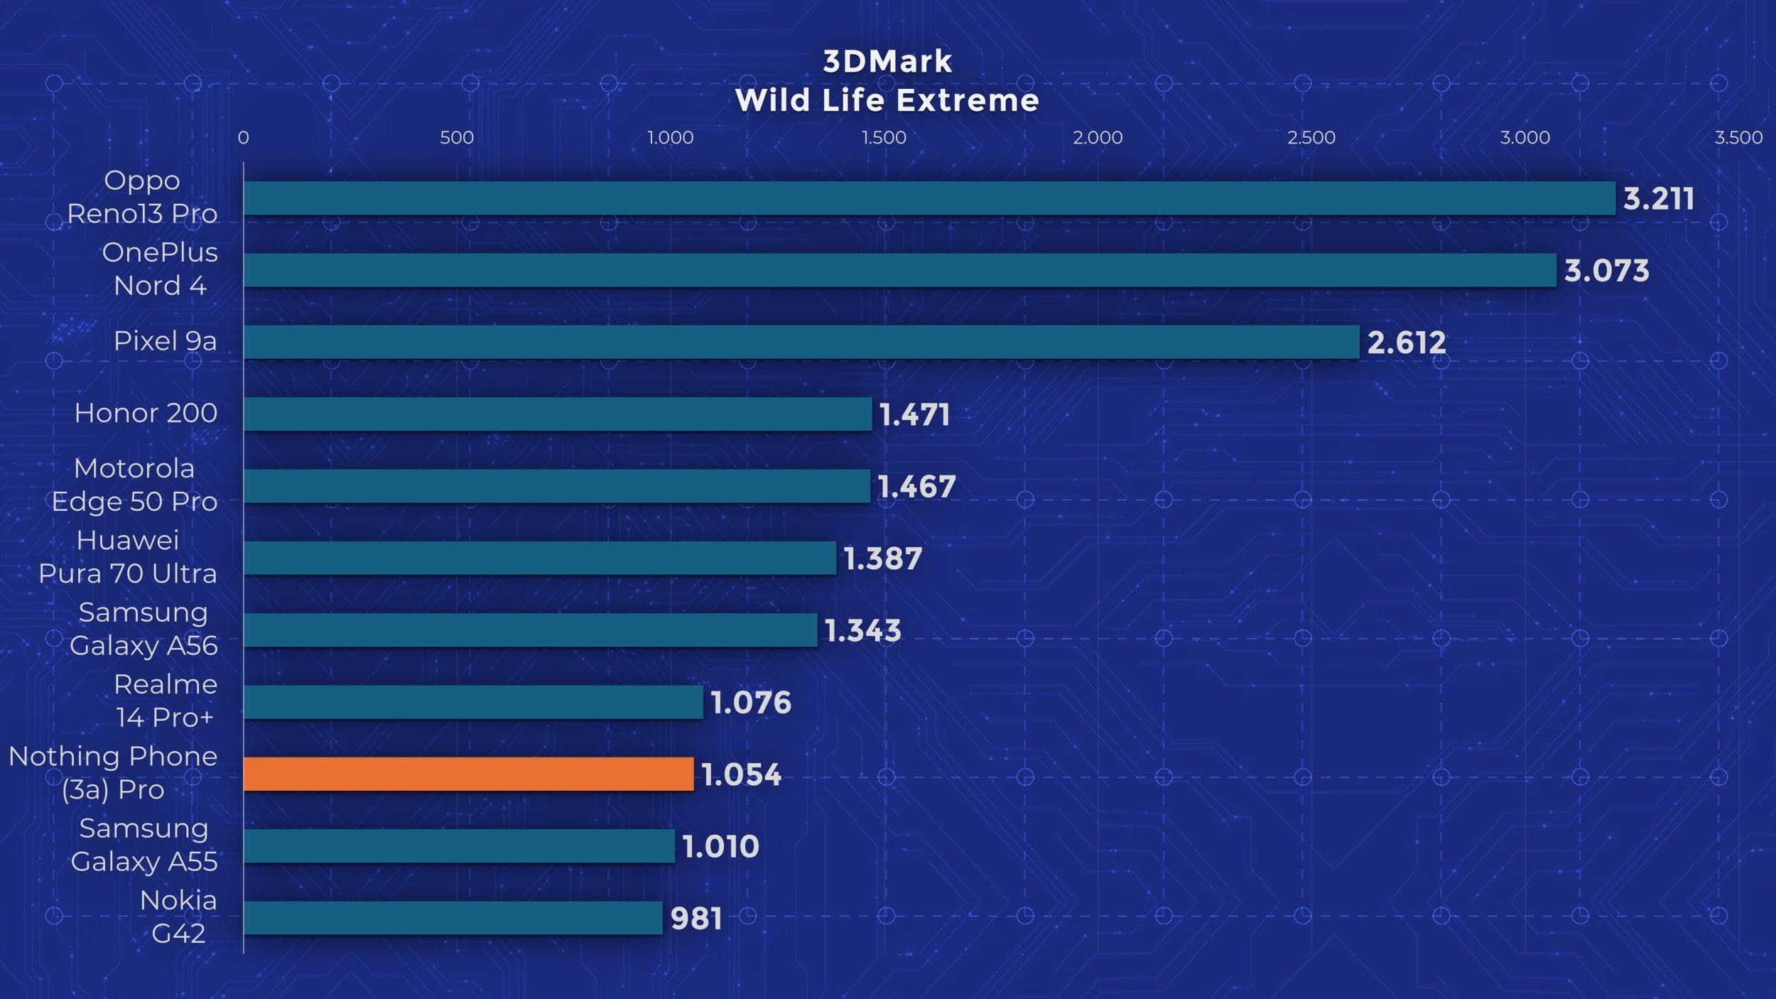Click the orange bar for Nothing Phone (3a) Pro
468,774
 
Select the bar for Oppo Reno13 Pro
929,198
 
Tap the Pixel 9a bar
801,342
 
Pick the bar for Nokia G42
453,918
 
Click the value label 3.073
1606,271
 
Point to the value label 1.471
914,414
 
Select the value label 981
696,919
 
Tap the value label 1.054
741,774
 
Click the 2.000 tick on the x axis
1098,137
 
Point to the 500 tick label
456,137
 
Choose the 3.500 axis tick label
1738,137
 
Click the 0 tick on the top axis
243,137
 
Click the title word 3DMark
887,62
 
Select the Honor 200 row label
146,413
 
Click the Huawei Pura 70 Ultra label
128,556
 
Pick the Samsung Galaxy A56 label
144,629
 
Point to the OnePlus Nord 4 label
160,269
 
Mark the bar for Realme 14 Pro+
473,702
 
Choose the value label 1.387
882,558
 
